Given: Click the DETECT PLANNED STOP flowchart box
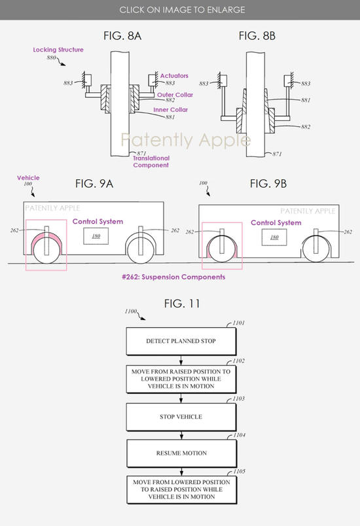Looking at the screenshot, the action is coord(181,341).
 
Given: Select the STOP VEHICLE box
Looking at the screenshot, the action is coord(181,417).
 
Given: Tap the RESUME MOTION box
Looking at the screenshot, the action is coord(181,453).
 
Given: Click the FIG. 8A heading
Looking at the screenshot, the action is coord(122,36).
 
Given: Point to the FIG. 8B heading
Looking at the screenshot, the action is coord(257,36).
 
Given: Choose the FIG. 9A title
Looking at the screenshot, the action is coord(94,184).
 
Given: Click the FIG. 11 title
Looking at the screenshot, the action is coord(182,304).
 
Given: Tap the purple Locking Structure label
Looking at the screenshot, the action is coord(58,50).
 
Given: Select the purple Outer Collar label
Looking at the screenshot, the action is coord(175,95).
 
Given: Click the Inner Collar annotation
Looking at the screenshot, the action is coord(171,110).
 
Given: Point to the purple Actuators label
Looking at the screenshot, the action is coord(174,76).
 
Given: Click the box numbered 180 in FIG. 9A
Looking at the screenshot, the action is coord(96,236).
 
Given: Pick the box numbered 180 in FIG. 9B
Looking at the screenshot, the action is coord(274,237).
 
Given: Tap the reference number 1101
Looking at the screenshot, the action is coord(238,323).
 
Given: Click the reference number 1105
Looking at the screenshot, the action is coord(239,471).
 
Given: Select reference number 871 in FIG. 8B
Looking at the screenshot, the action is coord(277,154).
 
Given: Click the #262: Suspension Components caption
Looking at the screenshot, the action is coord(173,277).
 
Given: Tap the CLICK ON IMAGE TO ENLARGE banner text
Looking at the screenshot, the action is coord(182,10).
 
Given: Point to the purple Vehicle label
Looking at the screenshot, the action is coord(29,178).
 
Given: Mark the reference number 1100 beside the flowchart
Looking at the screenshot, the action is coord(131,311).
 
